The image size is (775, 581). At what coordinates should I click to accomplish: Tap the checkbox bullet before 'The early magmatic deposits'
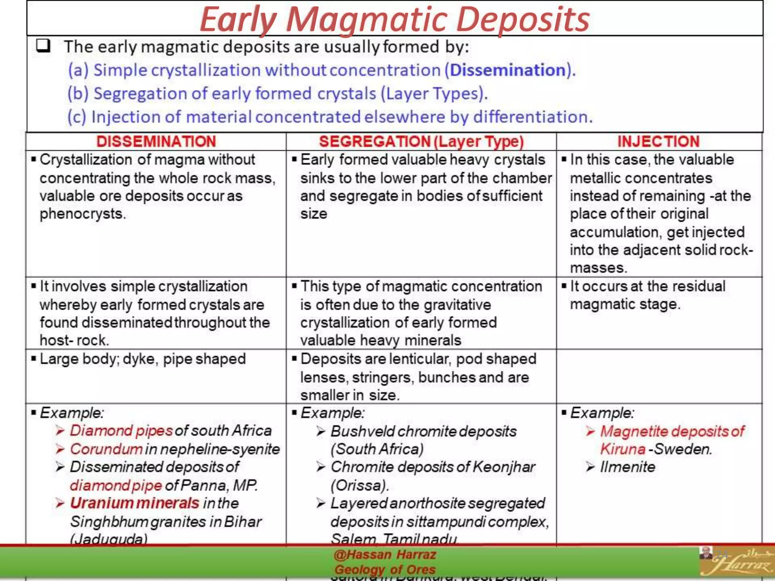tap(43, 46)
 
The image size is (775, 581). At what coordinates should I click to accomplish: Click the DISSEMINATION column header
tap(156, 141)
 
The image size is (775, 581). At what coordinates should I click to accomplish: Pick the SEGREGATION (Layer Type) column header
tap(421, 141)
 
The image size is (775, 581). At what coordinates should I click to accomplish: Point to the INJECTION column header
tap(658, 141)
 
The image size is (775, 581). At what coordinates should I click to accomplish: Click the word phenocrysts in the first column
tap(82, 214)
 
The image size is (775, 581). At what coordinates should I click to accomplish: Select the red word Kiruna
tap(622, 449)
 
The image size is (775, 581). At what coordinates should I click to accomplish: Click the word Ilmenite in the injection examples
tap(627, 467)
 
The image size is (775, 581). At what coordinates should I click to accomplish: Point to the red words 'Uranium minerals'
tap(135, 503)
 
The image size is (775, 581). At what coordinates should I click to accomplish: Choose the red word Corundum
tap(106, 449)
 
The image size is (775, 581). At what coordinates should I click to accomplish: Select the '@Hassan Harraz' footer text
tap(385, 555)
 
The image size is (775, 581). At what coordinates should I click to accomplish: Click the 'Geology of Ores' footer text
tap(385, 569)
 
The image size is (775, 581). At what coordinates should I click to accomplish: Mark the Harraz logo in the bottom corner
tap(736, 562)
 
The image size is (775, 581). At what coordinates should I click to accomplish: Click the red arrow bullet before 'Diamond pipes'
tap(60, 431)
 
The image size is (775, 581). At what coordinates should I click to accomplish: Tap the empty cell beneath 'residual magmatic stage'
tap(658, 376)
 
